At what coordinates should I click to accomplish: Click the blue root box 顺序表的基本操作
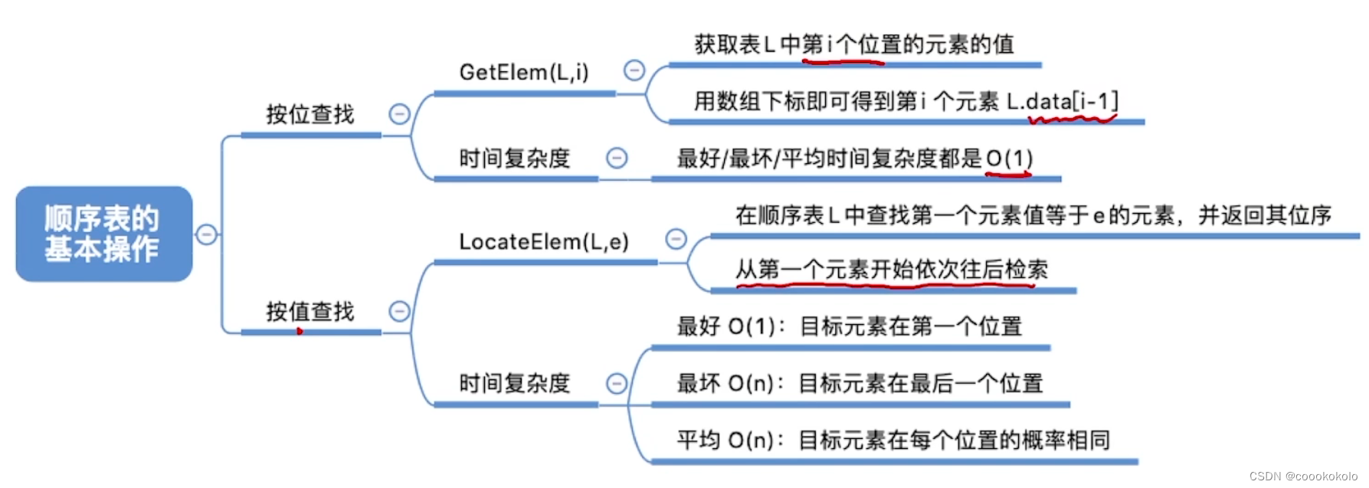(x=103, y=234)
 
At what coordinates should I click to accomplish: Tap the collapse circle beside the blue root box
(x=206, y=234)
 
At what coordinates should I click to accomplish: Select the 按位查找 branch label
(x=310, y=115)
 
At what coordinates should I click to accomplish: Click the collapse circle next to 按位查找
(x=399, y=114)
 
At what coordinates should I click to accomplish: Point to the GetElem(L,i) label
(x=524, y=73)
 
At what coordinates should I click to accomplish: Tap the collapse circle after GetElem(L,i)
(x=634, y=70)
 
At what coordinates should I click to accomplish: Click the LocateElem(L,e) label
(x=544, y=242)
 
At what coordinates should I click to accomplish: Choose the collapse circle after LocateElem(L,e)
(x=676, y=239)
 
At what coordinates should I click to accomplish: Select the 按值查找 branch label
(x=310, y=312)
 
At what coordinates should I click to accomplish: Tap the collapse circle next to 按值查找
(x=399, y=311)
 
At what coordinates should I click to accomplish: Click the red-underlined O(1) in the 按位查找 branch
(x=1009, y=159)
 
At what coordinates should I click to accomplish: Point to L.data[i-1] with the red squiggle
(x=1063, y=101)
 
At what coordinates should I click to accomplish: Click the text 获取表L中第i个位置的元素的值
(x=854, y=44)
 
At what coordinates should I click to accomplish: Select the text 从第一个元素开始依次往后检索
(x=892, y=270)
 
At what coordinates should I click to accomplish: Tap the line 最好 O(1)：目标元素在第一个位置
(x=850, y=326)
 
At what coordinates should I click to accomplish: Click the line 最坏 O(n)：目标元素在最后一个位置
(x=860, y=383)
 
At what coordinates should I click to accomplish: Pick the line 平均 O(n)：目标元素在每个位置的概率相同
(x=893, y=441)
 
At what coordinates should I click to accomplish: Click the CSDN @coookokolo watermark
(x=1303, y=477)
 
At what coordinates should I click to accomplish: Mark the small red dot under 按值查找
(x=300, y=331)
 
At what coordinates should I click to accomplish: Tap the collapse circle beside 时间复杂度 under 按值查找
(x=617, y=383)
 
